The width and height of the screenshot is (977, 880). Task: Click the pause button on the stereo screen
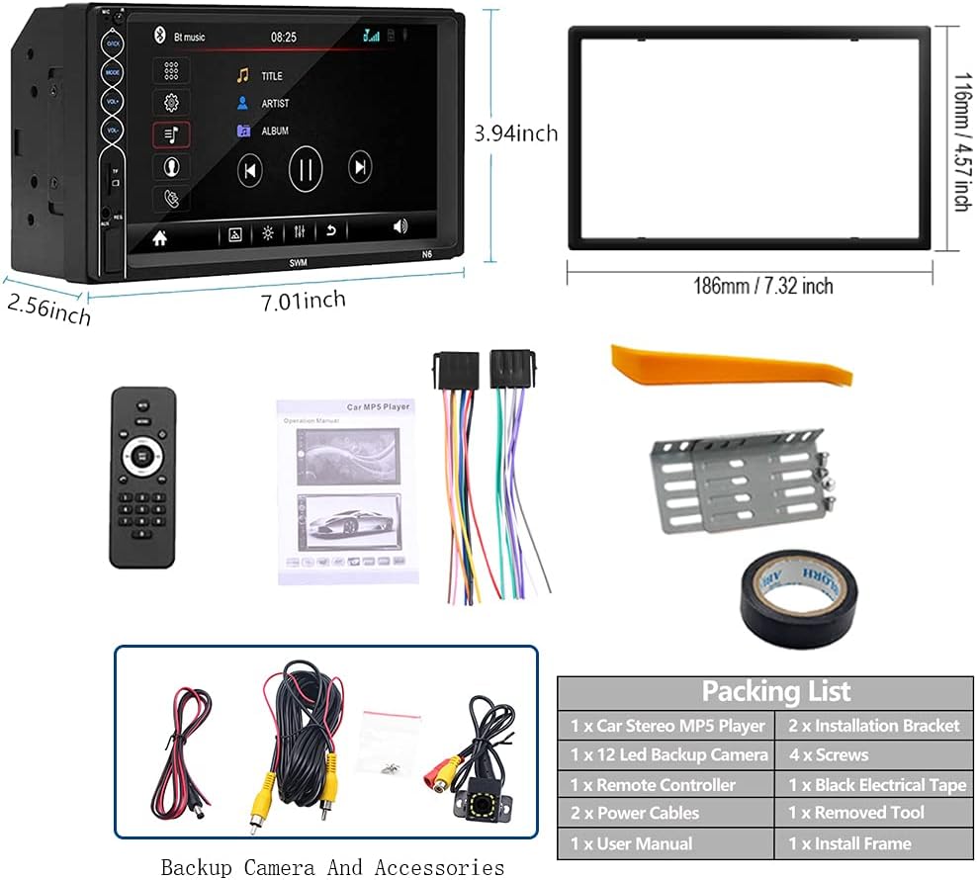306,169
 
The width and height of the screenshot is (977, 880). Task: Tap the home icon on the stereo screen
159,237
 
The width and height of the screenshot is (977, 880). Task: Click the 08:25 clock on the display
284,37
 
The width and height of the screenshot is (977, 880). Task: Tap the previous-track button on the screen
250,170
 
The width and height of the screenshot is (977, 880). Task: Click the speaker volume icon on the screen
400,226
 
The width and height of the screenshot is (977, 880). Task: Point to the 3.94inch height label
515,132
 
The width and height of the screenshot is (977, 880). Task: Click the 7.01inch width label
304,299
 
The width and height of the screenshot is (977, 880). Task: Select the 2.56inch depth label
48,308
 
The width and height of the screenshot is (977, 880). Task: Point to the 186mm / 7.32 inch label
761,287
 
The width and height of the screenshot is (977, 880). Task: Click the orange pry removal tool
730,365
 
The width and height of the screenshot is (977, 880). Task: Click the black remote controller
142,477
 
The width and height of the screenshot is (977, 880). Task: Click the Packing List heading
775,691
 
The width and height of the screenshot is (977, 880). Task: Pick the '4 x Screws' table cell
828,755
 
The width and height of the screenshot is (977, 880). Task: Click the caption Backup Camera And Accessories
332,867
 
